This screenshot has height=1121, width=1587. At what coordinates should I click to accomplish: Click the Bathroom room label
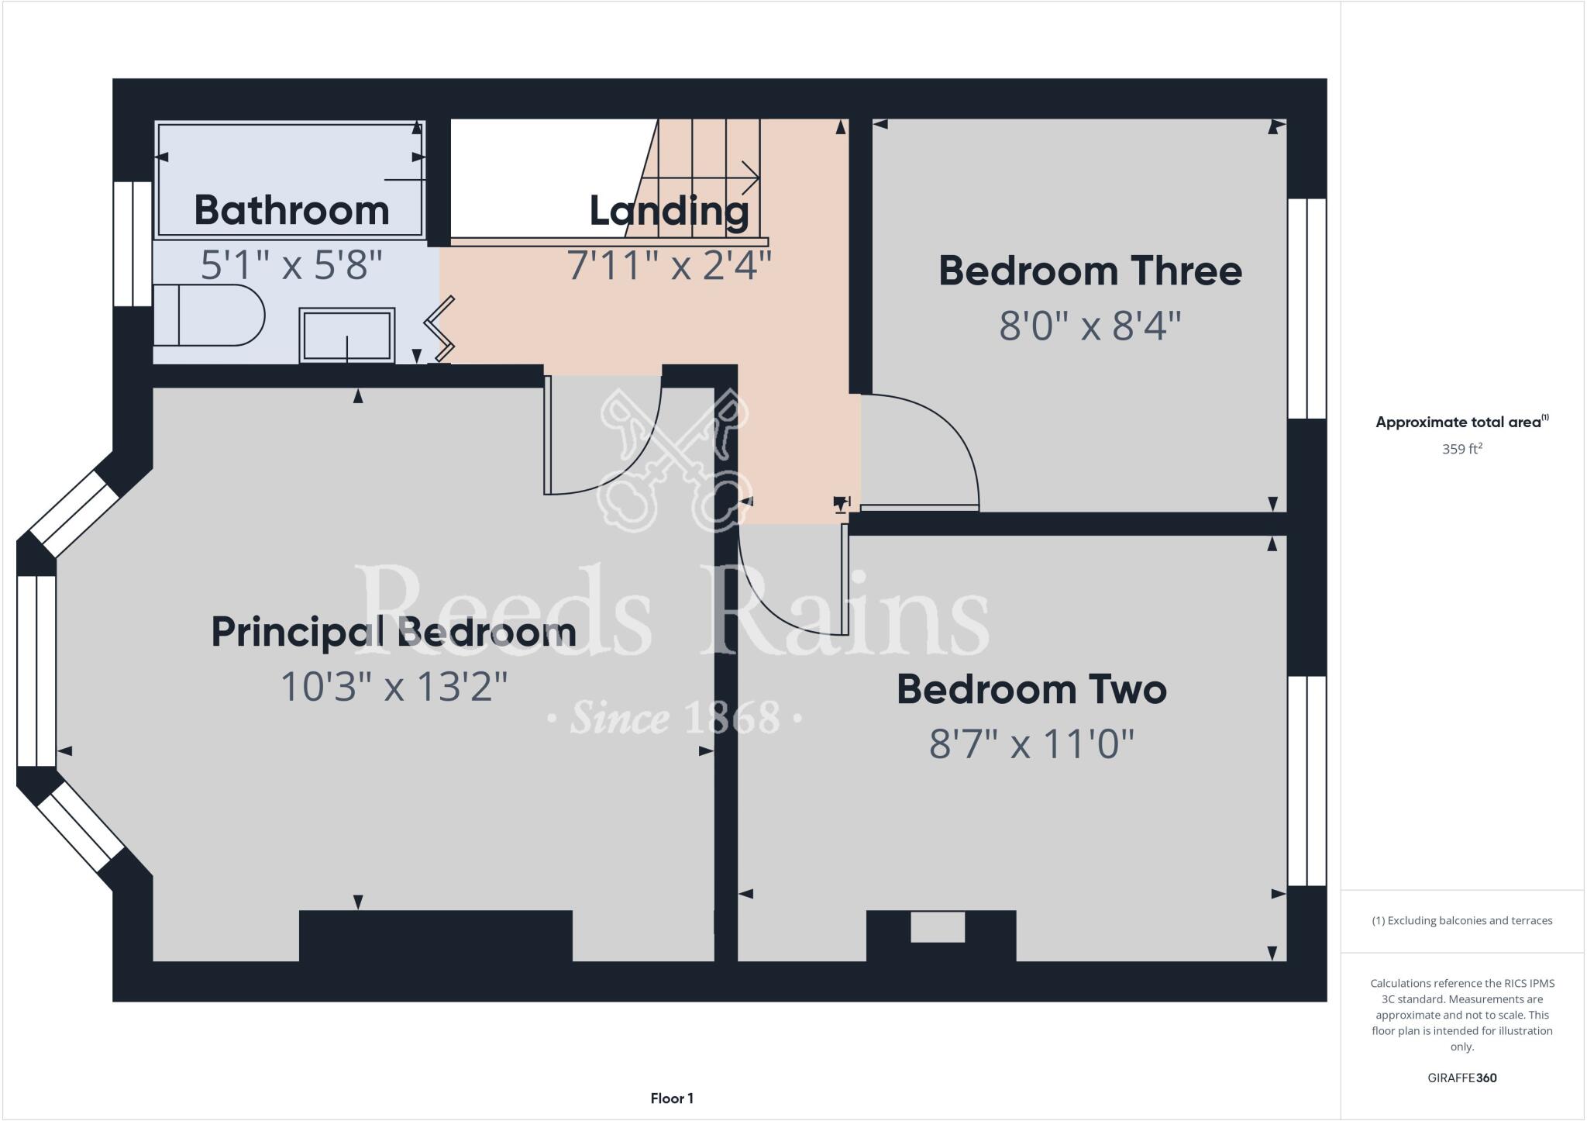(291, 210)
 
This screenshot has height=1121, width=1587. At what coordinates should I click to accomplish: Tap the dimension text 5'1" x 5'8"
(291, 265)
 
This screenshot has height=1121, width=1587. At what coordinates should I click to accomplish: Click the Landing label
(669, 210)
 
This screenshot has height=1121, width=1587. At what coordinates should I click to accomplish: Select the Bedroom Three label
(1090, 271)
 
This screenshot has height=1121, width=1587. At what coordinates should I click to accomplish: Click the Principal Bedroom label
(394, 632)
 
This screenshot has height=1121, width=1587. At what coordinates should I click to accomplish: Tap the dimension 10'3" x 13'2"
(394, 687)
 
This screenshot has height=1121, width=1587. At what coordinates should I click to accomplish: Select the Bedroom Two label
(1031, 689)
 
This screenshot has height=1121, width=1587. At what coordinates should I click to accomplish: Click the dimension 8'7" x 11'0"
(1031, 744)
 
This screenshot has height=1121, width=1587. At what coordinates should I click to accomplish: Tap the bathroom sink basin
(347, 335)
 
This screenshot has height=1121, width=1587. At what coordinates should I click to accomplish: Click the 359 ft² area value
(1461, 449)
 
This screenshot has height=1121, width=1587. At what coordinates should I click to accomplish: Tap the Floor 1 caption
(672, 1098)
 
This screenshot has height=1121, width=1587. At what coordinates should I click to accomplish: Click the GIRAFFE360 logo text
(1461, 1078)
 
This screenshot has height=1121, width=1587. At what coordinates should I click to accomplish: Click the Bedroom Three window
(1306, 309)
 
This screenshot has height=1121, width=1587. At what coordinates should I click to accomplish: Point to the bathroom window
(133, 243)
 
